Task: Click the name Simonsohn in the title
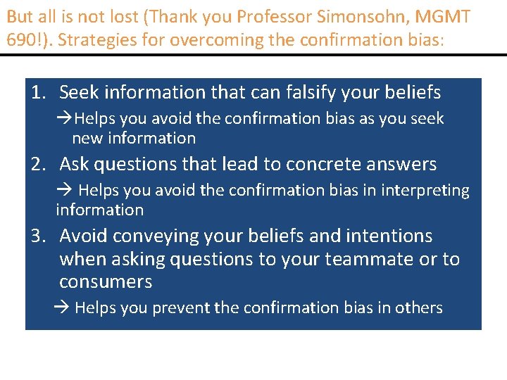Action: point(370,15)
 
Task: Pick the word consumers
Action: point(106,282)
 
